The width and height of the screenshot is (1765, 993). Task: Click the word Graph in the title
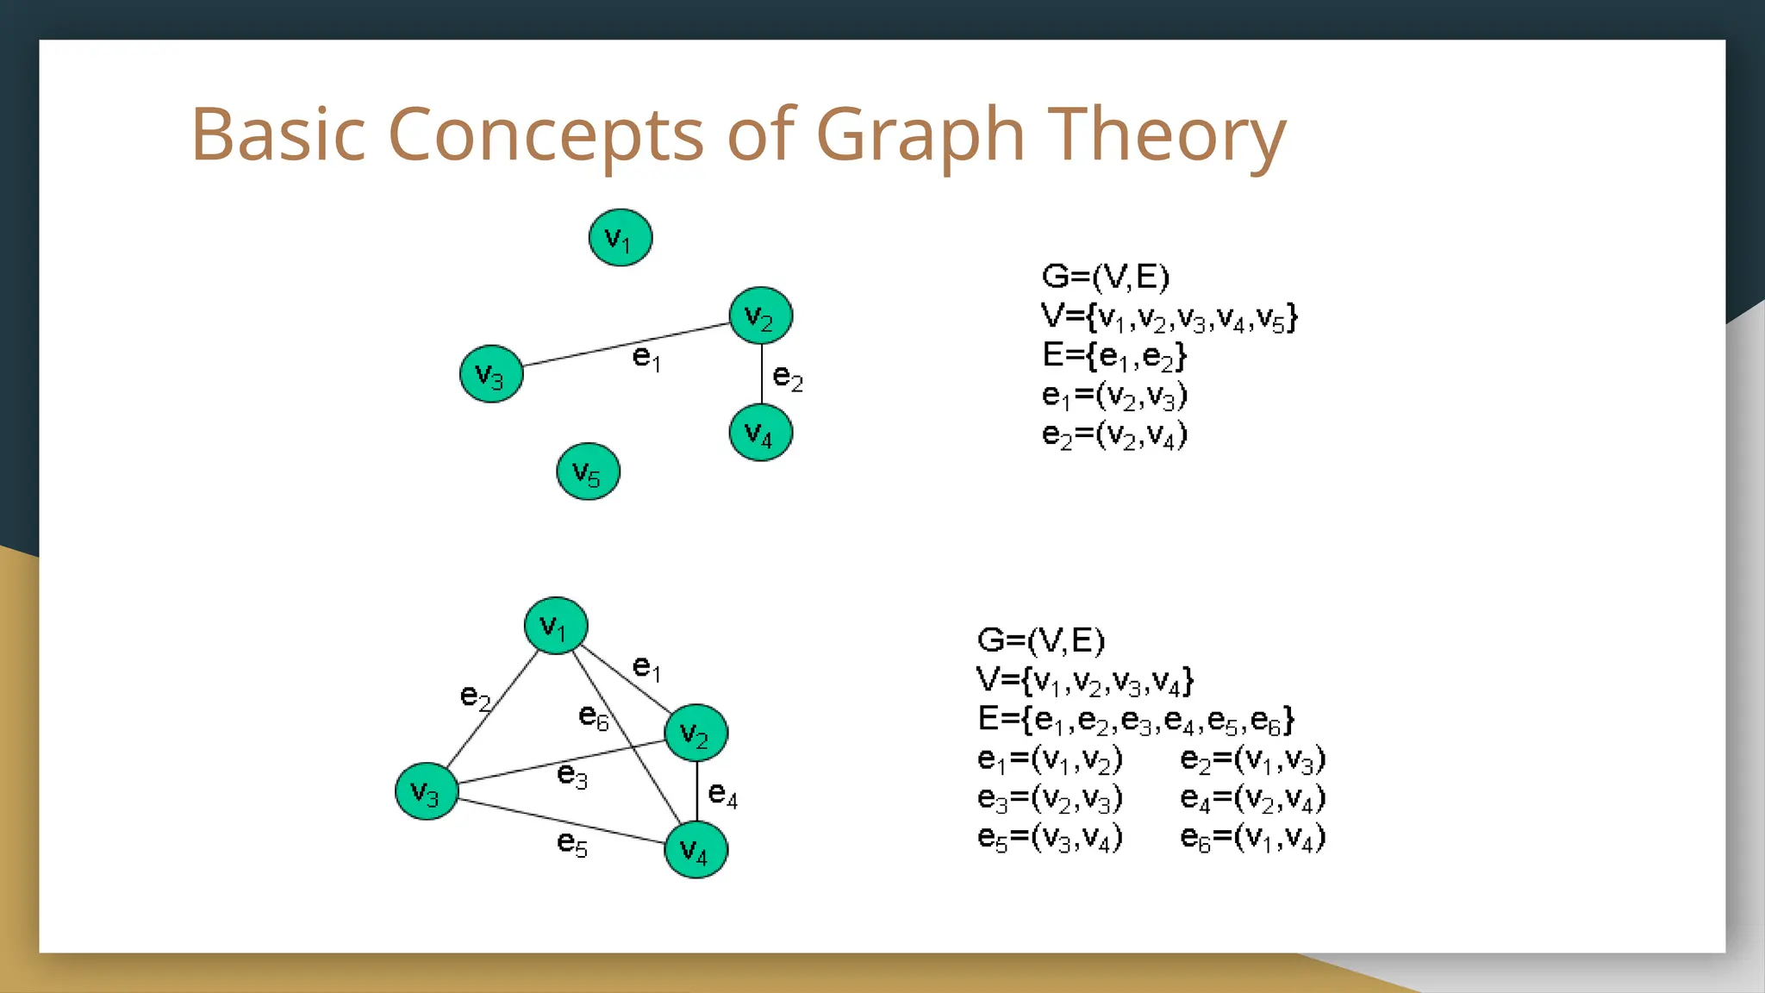920,136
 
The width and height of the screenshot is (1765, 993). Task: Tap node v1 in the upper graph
621,238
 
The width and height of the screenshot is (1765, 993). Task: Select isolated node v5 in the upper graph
588,472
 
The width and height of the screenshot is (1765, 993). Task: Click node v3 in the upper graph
491,374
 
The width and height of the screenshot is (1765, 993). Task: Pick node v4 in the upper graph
760,433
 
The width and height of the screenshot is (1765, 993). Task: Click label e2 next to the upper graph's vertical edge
788,378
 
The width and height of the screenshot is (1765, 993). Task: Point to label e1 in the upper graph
646,357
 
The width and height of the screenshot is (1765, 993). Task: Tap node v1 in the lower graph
556,626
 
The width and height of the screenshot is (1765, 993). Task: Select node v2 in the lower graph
695,734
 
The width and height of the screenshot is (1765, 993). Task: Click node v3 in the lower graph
427,791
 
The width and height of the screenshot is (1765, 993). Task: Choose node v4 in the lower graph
695,850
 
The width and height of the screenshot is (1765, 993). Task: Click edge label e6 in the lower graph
594,716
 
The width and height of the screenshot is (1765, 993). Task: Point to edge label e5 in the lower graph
572,843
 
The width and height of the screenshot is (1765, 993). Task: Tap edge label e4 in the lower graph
722,794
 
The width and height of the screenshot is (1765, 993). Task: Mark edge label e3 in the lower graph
572,775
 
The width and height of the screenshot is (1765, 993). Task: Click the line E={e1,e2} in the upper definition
1113,355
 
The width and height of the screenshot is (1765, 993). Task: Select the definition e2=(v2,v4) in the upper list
1113,434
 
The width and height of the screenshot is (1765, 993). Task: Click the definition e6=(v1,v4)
1252,837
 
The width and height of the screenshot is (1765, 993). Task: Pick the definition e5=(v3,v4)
1049,837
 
